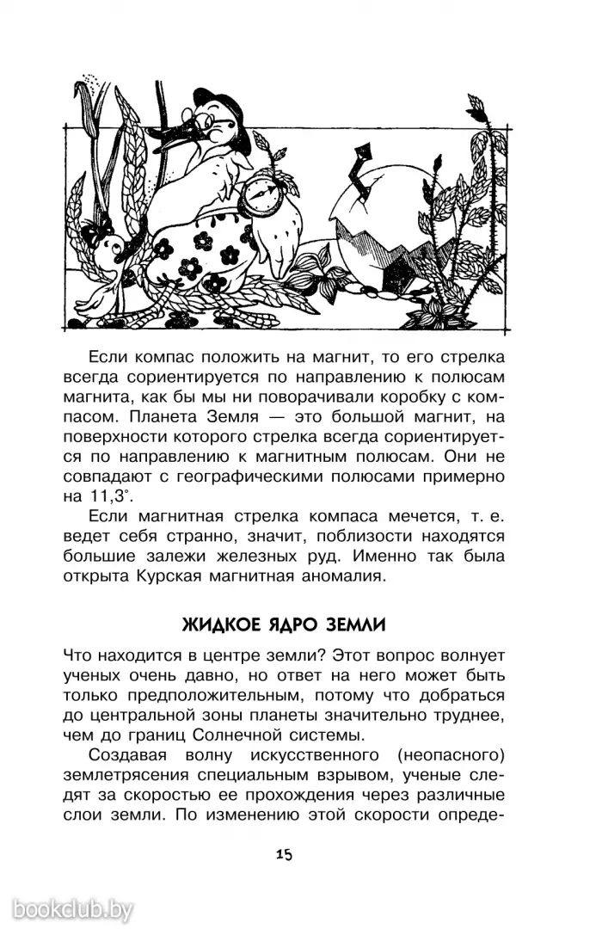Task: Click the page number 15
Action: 285,855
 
